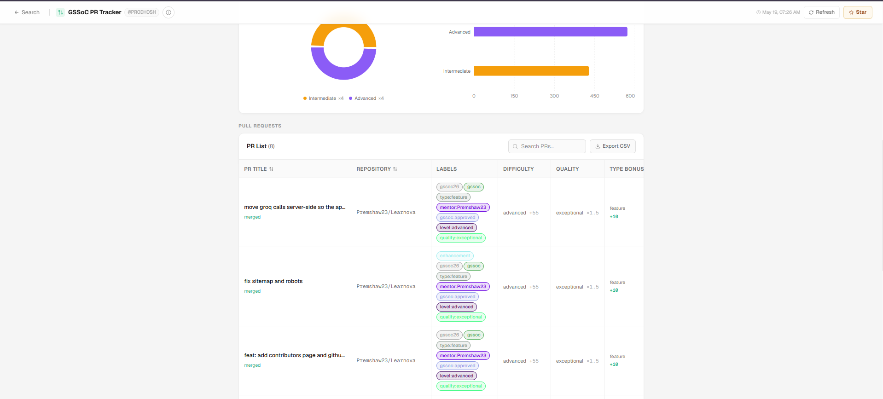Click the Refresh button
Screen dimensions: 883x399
[822, 12]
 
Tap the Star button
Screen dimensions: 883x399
[858, 12]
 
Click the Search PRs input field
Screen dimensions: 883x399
[547, 146]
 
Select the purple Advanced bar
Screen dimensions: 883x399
[551, 32]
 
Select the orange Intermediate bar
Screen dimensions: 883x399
[531, 71]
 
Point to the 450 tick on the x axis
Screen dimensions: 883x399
[595, 96]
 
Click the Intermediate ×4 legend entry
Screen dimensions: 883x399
[323, 98]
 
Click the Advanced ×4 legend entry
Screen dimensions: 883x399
[366, 98]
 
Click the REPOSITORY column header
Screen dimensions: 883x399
[377, 169]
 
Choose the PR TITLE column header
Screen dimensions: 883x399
[259, 169]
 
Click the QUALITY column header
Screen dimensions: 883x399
[567, 169]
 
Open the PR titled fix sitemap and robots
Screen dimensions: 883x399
[273, 281]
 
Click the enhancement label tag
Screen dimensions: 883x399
[455, 256]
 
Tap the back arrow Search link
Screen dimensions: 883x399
[27, 12]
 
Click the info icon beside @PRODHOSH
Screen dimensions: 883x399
[168, 12]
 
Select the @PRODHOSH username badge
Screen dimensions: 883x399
[142, 12]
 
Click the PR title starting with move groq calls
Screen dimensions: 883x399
[295, 207]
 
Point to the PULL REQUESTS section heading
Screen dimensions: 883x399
[260, 126]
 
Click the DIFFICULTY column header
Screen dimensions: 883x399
[518, 169]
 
